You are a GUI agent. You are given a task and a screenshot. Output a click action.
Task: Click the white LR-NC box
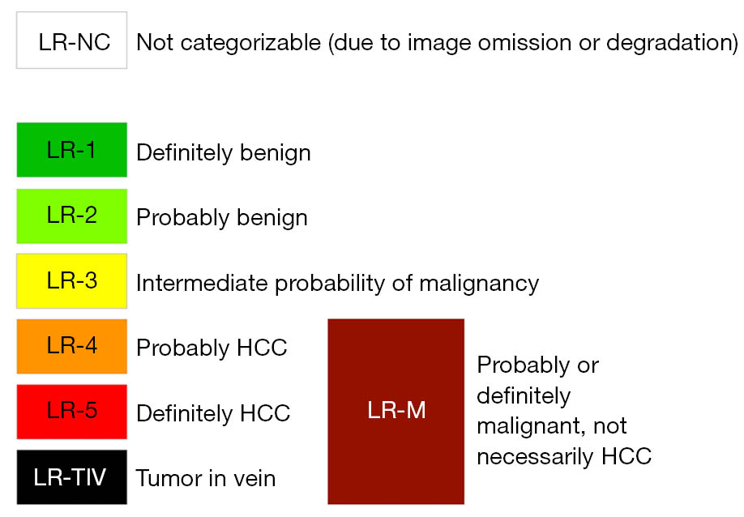tap(71, 41)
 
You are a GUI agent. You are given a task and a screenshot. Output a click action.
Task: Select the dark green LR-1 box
tap(71, 150)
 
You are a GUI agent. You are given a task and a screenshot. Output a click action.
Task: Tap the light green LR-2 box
tap(71, 216)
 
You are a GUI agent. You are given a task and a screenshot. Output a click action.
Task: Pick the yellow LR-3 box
tap(71, 281)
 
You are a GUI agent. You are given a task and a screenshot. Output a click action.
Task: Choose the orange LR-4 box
tap(71, 346)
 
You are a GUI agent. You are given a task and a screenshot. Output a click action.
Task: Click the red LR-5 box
tap(71, 412)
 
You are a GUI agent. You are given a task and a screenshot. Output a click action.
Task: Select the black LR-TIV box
tap(71, 477)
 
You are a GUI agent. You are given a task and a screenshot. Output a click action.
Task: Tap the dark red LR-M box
tap(396, 411)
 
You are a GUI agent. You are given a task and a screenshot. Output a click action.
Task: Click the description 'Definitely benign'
tap(224, 153)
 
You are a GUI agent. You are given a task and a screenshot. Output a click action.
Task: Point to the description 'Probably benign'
tap(222, 218)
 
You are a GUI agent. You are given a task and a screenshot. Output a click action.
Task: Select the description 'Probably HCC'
tap(212, 348)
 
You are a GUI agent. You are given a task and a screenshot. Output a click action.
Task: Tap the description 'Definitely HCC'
tap(213, 413)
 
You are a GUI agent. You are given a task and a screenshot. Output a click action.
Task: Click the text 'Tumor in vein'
tap(206, 478)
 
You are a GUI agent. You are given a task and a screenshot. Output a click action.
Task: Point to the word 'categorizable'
tap(251, 43)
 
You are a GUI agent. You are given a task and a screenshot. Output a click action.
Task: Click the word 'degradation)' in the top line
tap(673, 43)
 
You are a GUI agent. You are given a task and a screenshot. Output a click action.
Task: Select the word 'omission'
tap(524, 43)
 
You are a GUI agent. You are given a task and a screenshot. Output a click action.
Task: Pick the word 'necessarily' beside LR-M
tap(535, 457)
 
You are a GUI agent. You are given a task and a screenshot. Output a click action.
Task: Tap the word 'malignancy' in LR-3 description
tap(479, 284)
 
